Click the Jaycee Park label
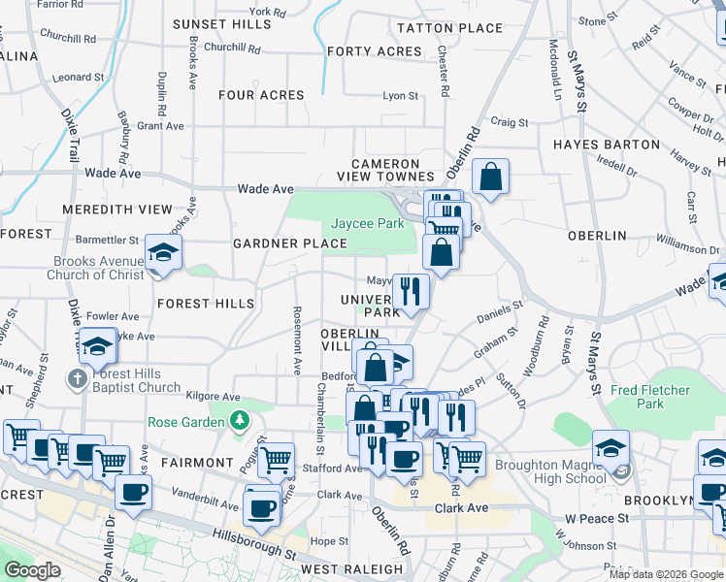pyautogui.click(x=368, y=224)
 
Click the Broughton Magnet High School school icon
pyautogui.click(x=610, y=448)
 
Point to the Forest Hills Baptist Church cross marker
pyautogui.click(x=79, y=378)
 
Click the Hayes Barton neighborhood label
pyautogui.click(x=607, y=145)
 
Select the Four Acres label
pyautogui.click(x=261, y=95)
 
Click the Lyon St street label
pyautogui.click(x=400, y=96)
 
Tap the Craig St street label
pyautogui.click(x=509, y=122)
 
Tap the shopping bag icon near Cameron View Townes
pyautogui.click(x=491, y=178)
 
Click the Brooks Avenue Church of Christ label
pyautogui.click(x=99, y=268)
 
